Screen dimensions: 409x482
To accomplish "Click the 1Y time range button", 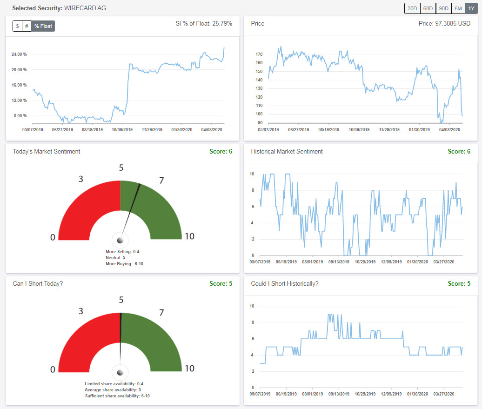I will (471, 8).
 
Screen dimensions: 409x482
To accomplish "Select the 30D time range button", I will (412, 8).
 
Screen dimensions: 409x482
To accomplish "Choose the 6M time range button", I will (458, 8).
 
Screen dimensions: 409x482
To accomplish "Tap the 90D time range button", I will (443, 8).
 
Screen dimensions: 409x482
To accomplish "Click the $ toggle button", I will (17, 26).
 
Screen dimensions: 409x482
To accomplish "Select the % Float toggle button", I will (43, 26).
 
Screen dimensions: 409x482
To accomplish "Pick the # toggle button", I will (27, 26).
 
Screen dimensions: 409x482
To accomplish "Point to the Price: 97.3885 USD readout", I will (444, 23).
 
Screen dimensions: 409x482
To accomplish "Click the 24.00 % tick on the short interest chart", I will (19, 54).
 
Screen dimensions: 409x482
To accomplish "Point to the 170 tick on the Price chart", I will (259, 54).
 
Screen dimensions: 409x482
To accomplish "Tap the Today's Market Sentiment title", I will (47, 151).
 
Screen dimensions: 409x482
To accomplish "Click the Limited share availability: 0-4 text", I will (117, 384).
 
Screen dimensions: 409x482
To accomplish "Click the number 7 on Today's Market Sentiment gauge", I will (161, 181).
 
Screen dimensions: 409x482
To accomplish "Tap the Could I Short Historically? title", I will (285, 283).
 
